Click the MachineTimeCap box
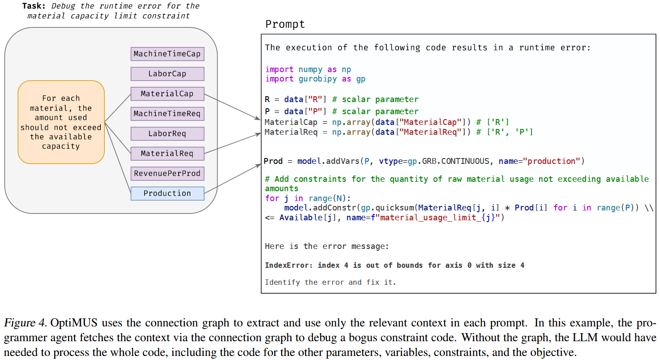click(x=167, y=54)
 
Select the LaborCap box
click(x=167, y=74)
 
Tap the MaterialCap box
click(x=167, y=94)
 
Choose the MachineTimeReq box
click(x=167, y=114)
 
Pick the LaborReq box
click(x=167, y=133)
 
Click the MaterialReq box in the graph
click(x=167, y=154)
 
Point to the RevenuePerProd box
click(x=167, y=173)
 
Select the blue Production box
click(x=167, y=193)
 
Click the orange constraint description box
click(x=61, y=122)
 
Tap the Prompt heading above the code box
click(x=285, y=24)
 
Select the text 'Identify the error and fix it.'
click(x=330, y=282)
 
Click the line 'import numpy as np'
click(x=308, y=69)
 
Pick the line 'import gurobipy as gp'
click(x=315, y=79)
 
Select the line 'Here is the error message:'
click(x=326, y=246)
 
